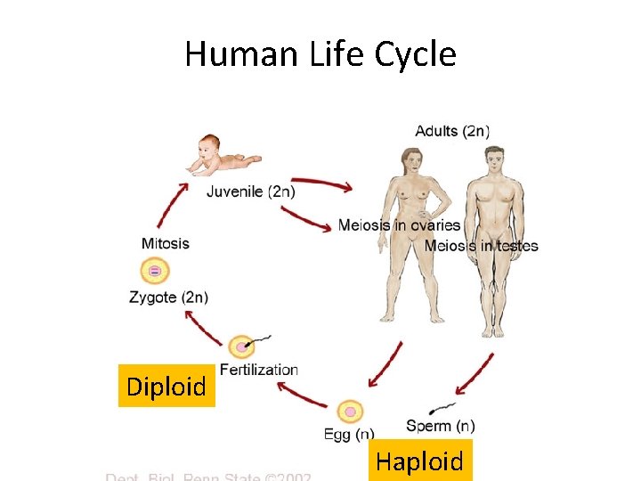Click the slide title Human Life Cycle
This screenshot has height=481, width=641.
320,55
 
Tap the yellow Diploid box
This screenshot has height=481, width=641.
166,386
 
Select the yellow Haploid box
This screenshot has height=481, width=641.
420,461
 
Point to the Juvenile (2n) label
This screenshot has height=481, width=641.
251,191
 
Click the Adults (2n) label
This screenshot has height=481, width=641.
452,131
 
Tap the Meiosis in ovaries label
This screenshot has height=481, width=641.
399,225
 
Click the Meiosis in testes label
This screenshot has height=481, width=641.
481,246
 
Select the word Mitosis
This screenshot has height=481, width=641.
166,243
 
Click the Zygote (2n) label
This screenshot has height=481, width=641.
168,298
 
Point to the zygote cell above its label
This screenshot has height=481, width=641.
155,270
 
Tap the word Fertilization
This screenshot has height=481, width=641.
259,370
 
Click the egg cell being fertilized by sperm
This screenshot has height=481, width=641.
241,346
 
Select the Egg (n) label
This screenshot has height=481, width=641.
349,435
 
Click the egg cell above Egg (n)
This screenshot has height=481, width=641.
350,412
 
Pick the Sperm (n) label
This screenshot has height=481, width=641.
440,426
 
